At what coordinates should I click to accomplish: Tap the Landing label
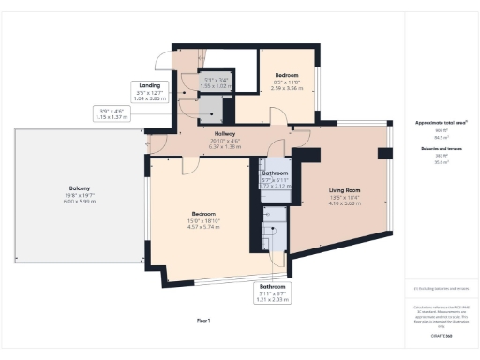149,85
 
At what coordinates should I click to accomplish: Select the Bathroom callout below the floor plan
272,286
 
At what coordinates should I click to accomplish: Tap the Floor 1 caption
202,321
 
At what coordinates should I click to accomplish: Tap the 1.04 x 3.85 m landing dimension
149,97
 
